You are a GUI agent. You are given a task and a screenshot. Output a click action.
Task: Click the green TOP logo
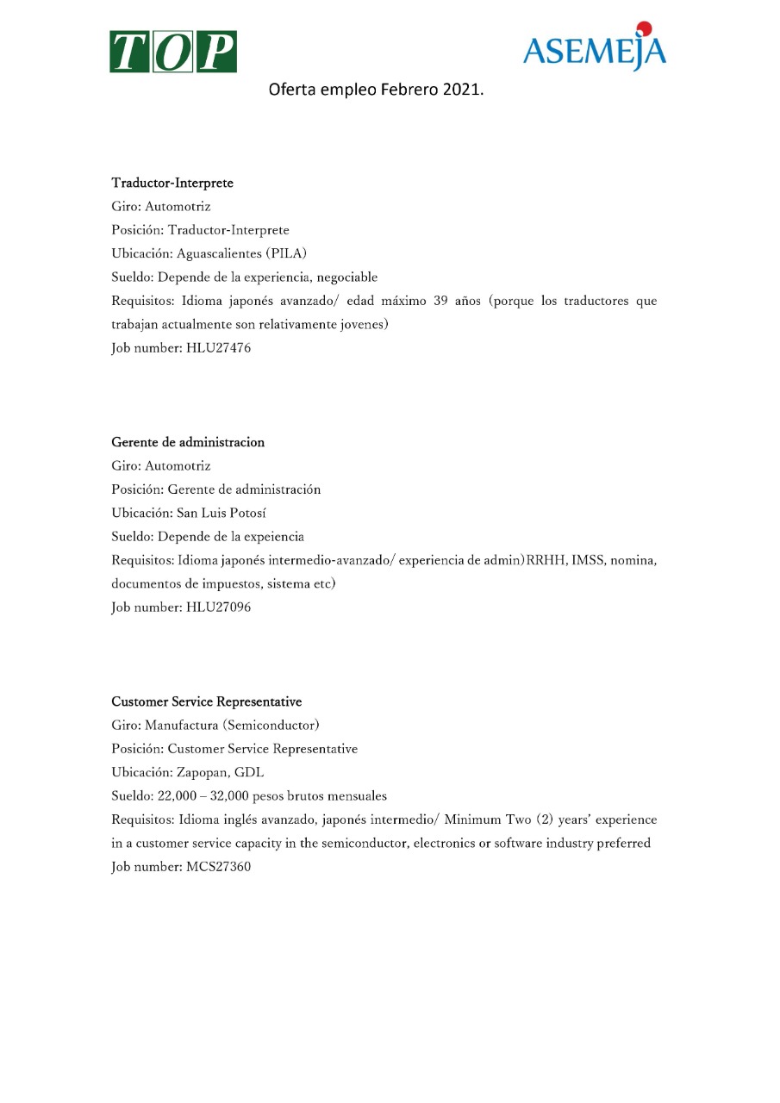[172, 52]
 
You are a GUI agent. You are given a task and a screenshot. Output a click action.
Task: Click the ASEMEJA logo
[594, 50]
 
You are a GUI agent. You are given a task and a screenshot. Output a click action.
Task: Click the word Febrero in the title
[409, 89]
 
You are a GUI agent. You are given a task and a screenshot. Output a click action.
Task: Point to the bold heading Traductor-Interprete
[172, 184]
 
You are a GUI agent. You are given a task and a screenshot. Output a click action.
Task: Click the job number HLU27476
[218, 348]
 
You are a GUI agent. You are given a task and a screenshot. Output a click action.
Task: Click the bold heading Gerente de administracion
[188, 442]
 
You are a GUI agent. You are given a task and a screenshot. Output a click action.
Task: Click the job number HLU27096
[218, 608]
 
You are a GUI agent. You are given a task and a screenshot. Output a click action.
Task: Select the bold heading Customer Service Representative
[206, 701]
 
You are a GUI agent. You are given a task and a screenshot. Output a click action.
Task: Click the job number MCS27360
[218, 867]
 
